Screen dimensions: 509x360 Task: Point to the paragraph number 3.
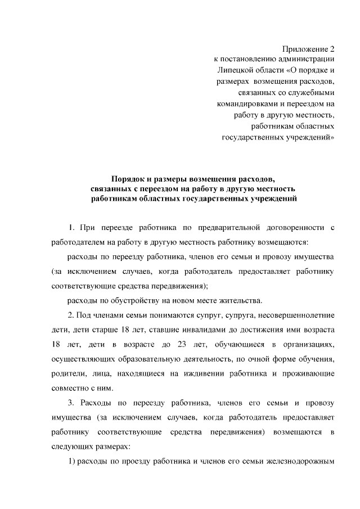71,403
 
